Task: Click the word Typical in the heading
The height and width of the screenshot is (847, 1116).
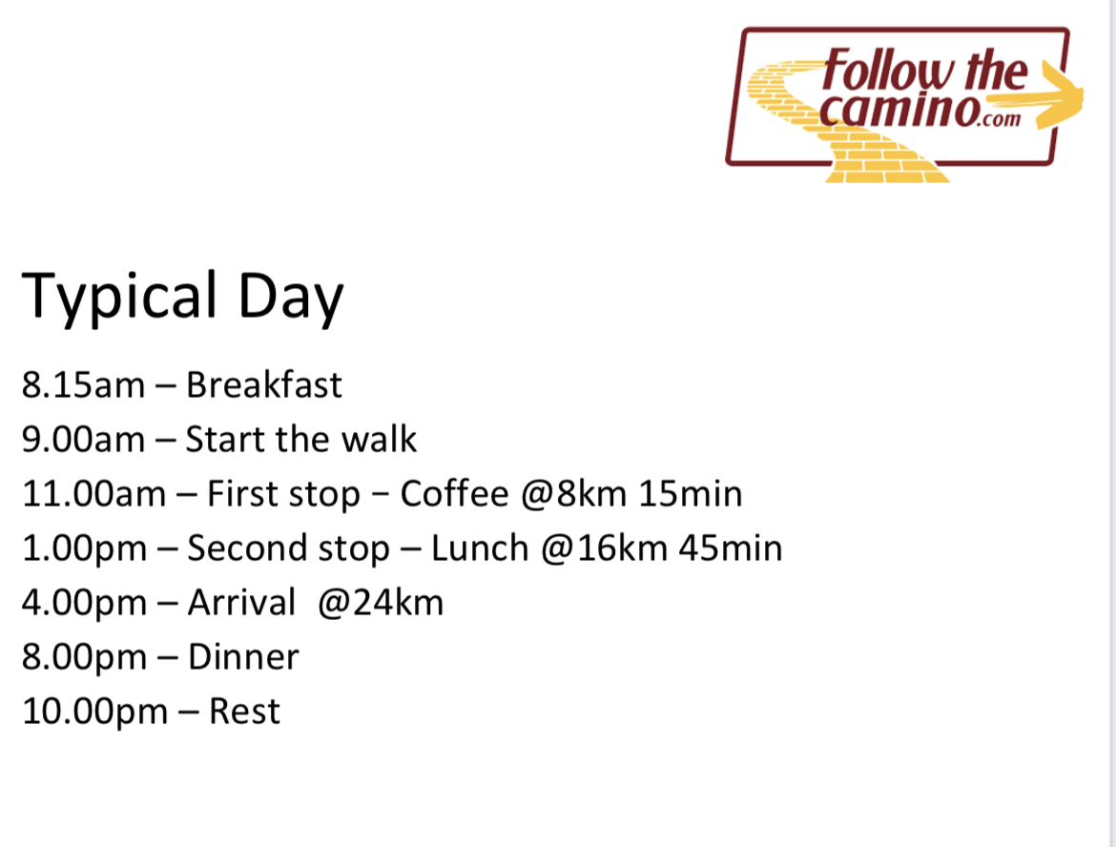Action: pyautogui.click(x=119, y=297)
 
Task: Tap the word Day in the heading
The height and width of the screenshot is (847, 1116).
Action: pyautogui.click(x=290, y=297)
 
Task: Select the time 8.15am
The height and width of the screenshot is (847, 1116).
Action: pyautogui.click(x=83, y=385)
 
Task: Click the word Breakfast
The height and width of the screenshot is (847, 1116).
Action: pyautogui.click(x=264, y=385)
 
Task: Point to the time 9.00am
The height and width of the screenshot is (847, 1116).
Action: pyautogui.click(x=83, y=439)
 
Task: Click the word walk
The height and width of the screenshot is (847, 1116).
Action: pyautogui.click(x=379, y=439)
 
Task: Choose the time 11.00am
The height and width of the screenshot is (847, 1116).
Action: pyautogui.click(x=93, y=494)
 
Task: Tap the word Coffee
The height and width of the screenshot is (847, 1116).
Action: pyautogui.click(x=455, y=493)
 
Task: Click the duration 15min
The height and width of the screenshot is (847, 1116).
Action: pyautogui.click(x=691, y=494)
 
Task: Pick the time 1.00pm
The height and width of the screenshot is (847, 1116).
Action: pyautogui.click(x=84, y=548)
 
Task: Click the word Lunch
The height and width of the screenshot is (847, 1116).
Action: pyautogui.click(x=480, y=548)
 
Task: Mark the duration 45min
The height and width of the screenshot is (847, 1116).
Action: pyautogui.click(x=731, y=548)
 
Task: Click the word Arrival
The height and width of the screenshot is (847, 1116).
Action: pyautogui.click(x=241, y=603)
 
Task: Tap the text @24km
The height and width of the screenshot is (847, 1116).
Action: pyautogui.click(x=381, y=603)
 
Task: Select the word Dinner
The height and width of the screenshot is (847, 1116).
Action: pyautogui.click(x=243, y=657)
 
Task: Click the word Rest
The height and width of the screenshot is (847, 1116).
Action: pyautogui.click(x=245, y=712)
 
